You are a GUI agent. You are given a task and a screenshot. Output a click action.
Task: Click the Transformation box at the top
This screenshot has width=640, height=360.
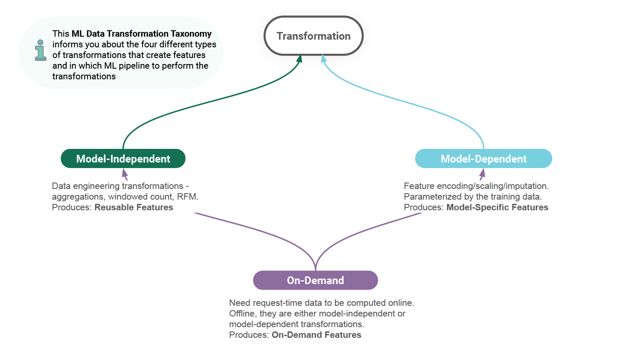(314, 36)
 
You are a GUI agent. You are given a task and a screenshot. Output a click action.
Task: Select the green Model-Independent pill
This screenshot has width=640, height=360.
(123, 159)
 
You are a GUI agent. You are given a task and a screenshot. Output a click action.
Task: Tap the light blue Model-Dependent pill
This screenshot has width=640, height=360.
(483, 159)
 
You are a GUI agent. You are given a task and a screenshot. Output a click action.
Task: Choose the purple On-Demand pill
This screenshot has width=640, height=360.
(315, 280)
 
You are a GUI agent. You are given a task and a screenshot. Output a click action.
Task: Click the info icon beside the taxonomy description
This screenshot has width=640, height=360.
(41, 50)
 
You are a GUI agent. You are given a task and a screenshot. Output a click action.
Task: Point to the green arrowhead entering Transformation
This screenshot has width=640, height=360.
(300, 59)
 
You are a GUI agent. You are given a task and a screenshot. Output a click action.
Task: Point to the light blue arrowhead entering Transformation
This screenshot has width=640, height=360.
(324, 59)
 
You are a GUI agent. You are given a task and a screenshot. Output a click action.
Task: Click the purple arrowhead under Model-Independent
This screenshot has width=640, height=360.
(125, 173)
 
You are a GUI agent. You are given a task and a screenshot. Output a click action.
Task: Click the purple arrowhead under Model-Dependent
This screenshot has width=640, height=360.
(482, 173)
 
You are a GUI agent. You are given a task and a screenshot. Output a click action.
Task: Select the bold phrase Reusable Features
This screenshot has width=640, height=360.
(134, 207)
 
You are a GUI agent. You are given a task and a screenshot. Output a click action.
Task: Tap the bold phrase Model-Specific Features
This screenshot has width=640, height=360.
(497, 207)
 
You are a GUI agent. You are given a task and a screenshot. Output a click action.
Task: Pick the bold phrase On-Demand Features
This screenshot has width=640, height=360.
(316, 335)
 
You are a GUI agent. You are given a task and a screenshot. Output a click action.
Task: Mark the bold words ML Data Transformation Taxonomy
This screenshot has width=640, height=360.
(142, 34)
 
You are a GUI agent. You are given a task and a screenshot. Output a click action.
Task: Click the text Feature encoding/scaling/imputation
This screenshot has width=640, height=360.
(476, 186)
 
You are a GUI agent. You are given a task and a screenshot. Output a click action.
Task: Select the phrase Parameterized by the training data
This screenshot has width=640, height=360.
(472, 197)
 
